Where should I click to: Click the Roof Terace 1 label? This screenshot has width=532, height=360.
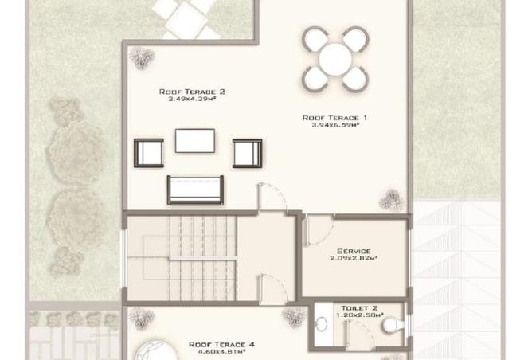[334, 118]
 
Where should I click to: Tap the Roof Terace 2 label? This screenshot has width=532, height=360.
[192, 92]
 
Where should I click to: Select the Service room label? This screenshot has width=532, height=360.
[354, 252]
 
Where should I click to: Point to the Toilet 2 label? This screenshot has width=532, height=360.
[359, 308]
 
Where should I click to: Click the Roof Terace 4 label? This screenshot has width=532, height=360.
[221, 345]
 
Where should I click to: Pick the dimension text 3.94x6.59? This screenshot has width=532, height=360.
[335, 125]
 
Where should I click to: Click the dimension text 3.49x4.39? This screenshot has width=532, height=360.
[193, 99]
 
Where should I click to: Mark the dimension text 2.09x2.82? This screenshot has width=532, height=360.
[354, 258]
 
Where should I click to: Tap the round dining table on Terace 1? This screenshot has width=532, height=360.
[335, 60]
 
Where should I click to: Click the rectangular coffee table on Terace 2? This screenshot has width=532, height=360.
[195, 140]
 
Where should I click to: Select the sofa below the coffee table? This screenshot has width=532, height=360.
[195, 190]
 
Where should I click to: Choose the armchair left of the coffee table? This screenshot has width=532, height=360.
[149, 153]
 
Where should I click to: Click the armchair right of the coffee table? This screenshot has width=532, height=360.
[247, 154]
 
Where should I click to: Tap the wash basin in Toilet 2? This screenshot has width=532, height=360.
[321, 324]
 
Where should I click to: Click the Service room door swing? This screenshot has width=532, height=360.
[319, 231]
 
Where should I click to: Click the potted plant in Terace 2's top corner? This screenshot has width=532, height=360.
[142, 57]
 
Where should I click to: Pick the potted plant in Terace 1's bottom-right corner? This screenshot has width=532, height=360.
[392, 200]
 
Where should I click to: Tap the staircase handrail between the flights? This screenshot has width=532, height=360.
[202, 258]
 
